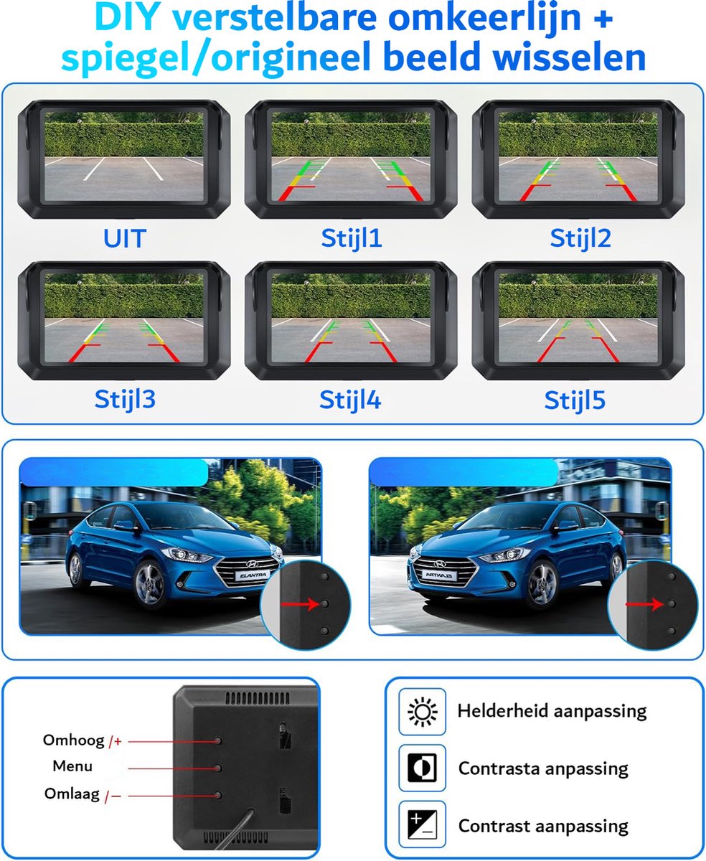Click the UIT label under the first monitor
[125, 238]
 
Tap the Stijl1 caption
[352, 238]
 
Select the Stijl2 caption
[580, 238]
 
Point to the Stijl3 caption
[125, 399]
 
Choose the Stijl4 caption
[350, 400]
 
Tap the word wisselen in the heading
[570, 57]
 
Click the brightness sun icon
[422, 712]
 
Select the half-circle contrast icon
[422, 768]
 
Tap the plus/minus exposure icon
[422, 824]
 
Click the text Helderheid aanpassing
[552, 712]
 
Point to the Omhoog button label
[74, 740]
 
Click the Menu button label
[72, 766]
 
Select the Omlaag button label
[72, 794]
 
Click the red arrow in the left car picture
[300, 604]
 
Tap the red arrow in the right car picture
[645, 604]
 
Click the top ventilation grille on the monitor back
[258, 698]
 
